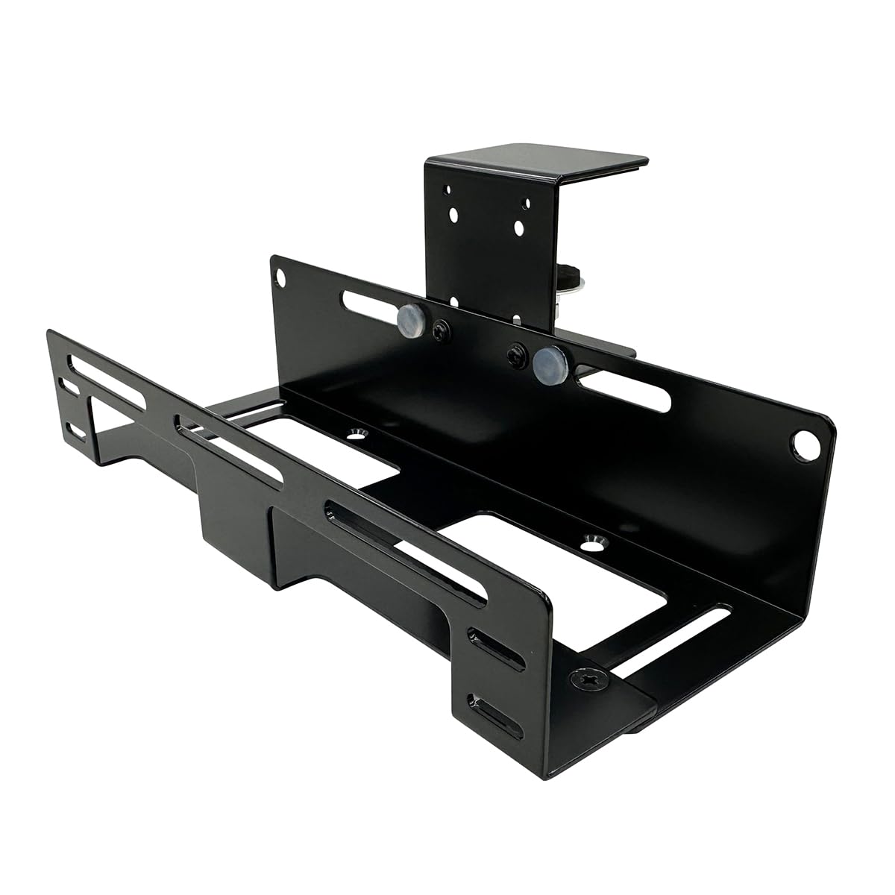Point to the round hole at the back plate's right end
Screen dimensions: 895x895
pyautogui.click(x=804, y=445)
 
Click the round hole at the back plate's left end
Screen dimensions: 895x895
pyautogui.click(x=281, y=276)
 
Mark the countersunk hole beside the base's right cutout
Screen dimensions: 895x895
pyautogui.click(x=594, y=541)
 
